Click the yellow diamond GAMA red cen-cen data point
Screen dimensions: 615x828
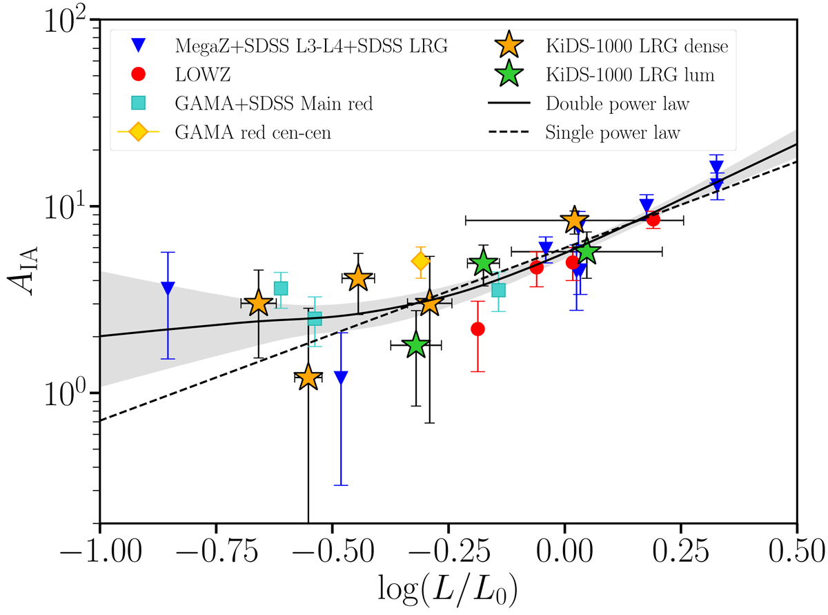pos(420,261)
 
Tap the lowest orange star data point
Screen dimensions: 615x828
pos(308,378)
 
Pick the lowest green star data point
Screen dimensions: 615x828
pos(415,345)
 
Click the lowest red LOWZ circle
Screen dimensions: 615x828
pos(477,329)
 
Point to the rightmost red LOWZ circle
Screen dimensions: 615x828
pos(653,219)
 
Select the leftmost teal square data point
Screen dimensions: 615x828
pos(281,288)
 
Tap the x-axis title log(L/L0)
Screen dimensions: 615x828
pos(449,591)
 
